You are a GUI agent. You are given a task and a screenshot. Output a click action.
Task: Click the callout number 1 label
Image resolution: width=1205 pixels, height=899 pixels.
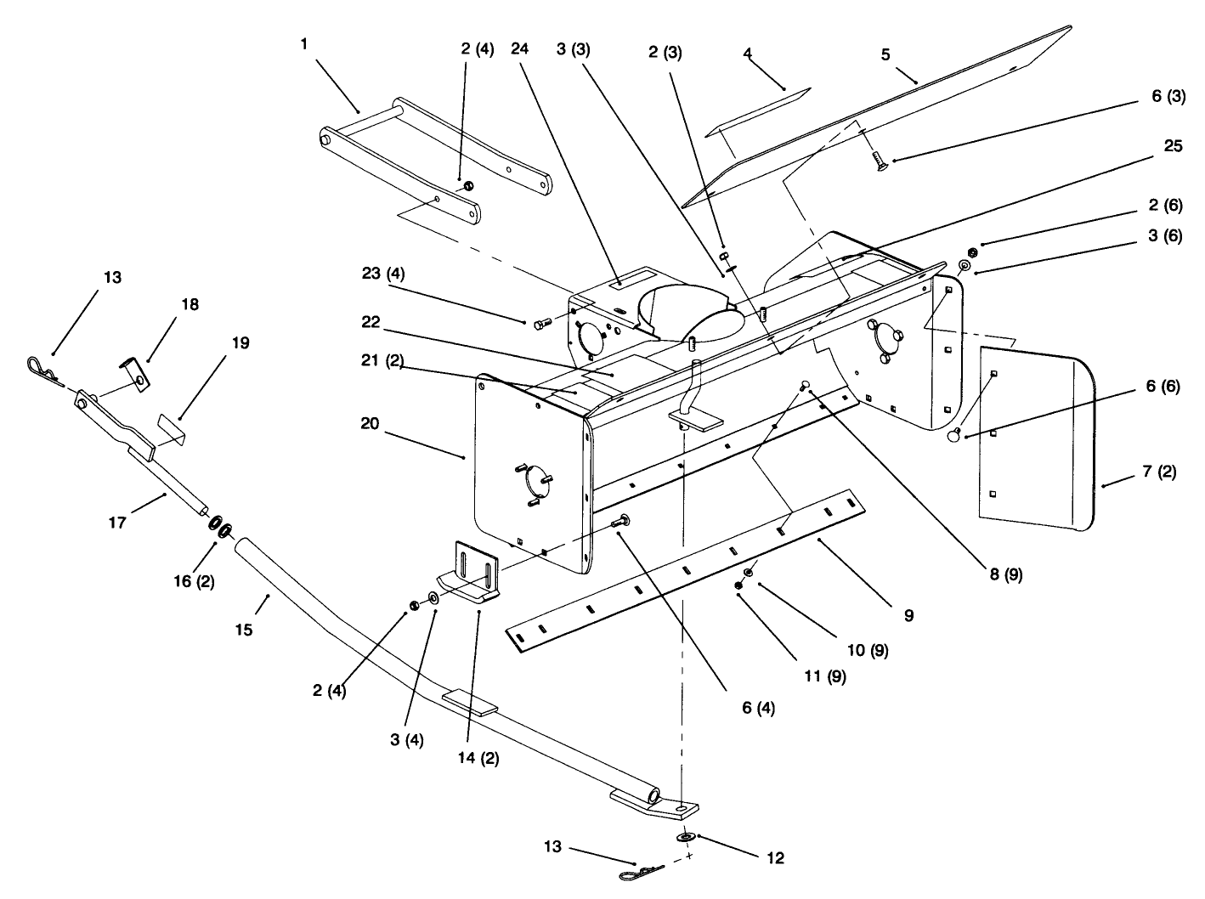tap(303, 44)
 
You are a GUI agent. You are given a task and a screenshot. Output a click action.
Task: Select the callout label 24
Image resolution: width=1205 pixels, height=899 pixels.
tap(519, 48)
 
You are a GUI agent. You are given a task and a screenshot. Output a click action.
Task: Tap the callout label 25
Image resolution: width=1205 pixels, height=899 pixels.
tap(1173, 146)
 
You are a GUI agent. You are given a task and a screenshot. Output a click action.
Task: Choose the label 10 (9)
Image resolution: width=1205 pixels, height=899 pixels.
tap(868, 650)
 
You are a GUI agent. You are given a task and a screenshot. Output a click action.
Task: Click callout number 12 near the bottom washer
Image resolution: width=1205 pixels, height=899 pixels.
tap(774, 857)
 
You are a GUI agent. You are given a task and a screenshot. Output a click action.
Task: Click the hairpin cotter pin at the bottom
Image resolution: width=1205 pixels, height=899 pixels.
tap(638, 872)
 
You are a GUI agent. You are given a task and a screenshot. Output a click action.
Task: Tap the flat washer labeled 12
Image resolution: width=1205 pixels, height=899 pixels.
tap(685, 838)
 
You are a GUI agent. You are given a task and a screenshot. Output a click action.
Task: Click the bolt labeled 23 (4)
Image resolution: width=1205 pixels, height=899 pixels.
tap(540, 323)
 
